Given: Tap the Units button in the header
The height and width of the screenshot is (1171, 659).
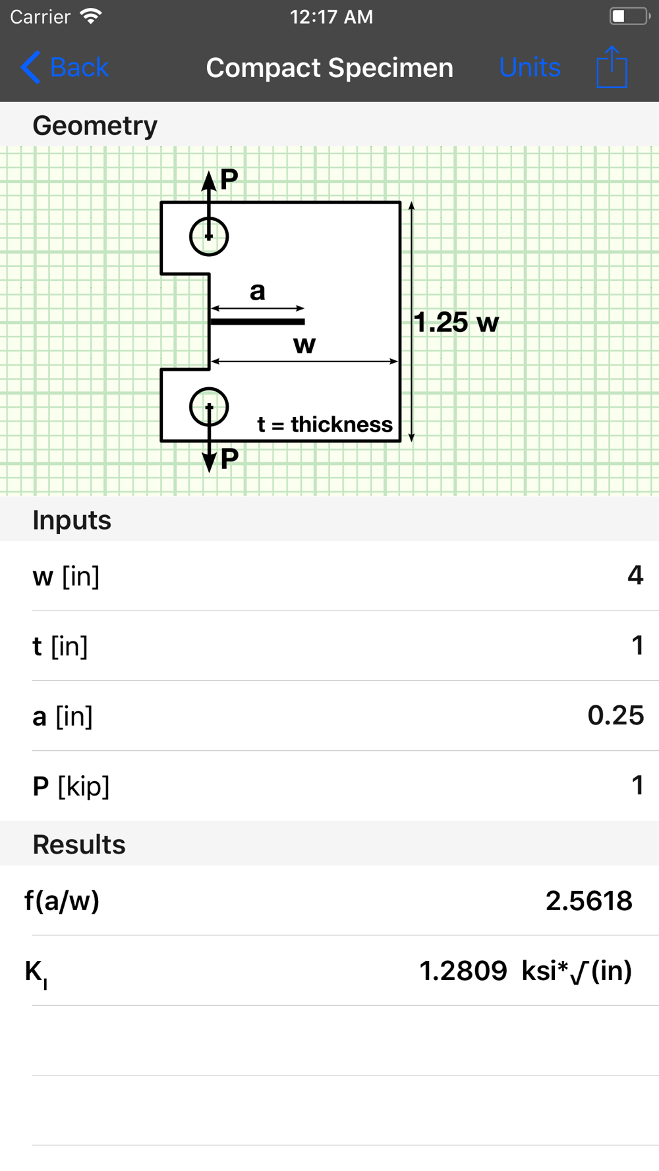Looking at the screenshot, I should pos(529,67).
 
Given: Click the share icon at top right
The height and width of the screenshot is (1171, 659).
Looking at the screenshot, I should pos(612,67).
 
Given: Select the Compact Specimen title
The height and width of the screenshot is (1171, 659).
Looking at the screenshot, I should pos(329,67).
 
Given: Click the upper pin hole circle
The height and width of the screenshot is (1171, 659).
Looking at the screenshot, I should pos(209,236).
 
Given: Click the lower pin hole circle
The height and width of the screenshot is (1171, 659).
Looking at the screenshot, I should pos(209,407).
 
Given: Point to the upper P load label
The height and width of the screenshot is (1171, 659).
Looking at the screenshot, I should pos(229,178).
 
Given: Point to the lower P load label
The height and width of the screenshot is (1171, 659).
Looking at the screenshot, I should pos(229,458).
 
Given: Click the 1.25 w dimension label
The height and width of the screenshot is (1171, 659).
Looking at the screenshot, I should pos(456,323).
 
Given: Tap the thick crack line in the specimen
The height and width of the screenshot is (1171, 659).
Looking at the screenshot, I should pos(258,321).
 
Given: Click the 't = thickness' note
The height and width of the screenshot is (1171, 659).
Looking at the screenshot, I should pos(325,425).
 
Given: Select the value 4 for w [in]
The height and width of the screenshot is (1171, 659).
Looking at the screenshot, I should pos(635,576).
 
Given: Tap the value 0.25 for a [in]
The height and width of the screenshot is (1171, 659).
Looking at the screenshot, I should pos(616,715).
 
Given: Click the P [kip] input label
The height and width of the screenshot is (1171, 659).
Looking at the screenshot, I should pos(71,786).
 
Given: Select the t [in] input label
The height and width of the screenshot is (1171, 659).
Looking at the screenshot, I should pos(60,646).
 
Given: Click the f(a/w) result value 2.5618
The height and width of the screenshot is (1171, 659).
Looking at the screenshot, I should pos(588,900).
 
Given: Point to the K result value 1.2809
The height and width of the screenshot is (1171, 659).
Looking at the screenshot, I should pos(463,971).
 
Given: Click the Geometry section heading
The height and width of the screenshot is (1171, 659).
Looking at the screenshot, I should pos(95,125).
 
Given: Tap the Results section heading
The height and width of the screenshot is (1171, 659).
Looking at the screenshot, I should pos(79,844).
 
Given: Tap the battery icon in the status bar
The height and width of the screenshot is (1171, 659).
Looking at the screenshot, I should pos(629,16).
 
